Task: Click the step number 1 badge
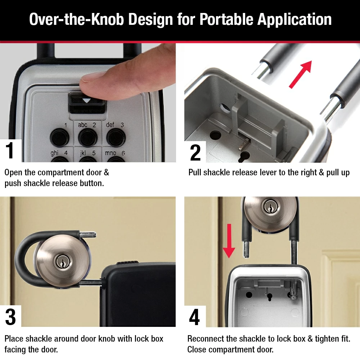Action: (10, 150)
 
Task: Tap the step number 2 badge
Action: (195, 152)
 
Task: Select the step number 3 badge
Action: (10, 317)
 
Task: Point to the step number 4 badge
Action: (194, 317)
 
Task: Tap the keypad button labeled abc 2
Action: (87, 136)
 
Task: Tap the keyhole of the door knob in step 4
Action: (268, 207)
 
